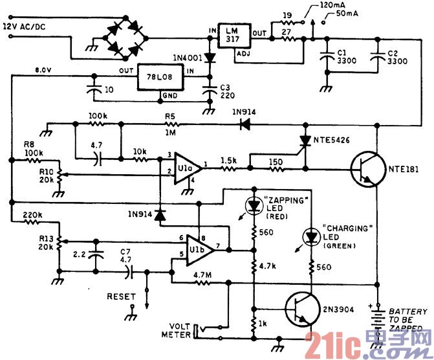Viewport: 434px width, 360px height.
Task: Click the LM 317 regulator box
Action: pyautogui.click(x=234, y=36)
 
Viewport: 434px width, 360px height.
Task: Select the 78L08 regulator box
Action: pyautogui.click(x=160, y=77)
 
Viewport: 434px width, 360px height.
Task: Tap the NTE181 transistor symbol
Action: pyautogui.click(x=368, y=170)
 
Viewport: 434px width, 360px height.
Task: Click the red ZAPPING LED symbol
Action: pyautogui.click(x=254, y=205)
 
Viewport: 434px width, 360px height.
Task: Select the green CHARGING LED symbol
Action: pyautogui.click(x=312, y=237)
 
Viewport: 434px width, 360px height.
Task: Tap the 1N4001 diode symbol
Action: pyautogui.click(x=210, y=58)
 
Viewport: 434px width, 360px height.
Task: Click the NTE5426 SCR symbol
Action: pyautogui.click(x=305, y=141)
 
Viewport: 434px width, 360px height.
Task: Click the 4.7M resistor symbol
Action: pyautogui.click(x=204, y=283)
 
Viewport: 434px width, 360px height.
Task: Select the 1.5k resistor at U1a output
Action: pyautogui.click(x=229, y=168)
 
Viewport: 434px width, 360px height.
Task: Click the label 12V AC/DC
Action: pyautogui.click(x=24, y=27)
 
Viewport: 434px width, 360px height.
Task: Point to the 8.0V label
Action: pyautogui.click(x=43, y=69)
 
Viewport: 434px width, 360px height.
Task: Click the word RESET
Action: pyautogui.click(x=121, y=297)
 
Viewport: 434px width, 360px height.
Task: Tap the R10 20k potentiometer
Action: pyautogui.click(x=59, y=175)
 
